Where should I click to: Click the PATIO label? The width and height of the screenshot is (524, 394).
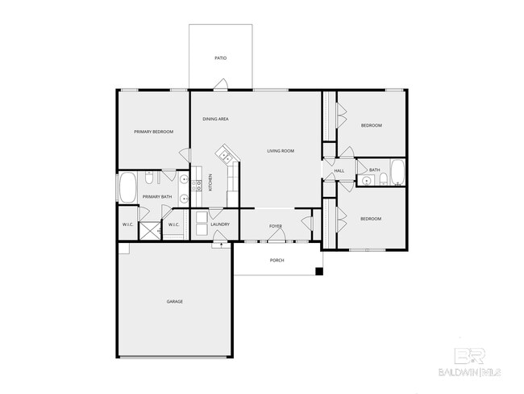click(220, 58)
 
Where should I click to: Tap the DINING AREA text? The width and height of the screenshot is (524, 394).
click(215, 119)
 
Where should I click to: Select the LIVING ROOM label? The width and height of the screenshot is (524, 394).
click(281, 151)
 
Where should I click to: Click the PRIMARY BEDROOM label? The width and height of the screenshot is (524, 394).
click(153, 131)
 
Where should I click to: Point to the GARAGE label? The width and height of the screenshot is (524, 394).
click(175, 301)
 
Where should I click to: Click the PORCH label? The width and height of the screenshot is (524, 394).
click(277, 260)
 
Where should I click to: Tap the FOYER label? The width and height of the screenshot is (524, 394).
click(275, 225)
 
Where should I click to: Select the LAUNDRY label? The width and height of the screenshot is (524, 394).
click(220, 224)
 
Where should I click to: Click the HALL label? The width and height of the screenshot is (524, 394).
click(339, 170)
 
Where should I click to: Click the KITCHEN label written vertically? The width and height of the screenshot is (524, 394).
click(211, 182)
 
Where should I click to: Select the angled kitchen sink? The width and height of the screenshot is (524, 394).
click(223, 153)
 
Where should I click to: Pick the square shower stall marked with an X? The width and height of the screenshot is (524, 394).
click(149, 231)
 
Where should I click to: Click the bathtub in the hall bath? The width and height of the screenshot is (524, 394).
click(397, 174)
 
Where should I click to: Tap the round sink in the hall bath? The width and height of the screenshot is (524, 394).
click(367, 181)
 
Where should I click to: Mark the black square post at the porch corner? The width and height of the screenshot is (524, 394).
click(319, 271)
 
